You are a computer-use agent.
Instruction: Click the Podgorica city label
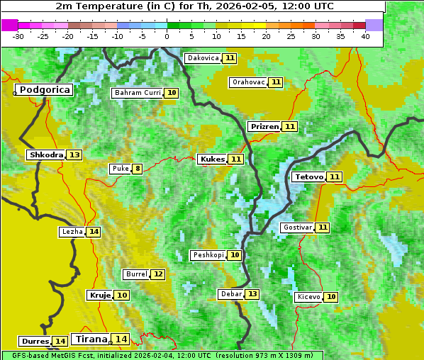[44, 90]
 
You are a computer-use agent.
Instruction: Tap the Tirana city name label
[90, 339]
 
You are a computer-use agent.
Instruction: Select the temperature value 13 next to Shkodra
[74, 155]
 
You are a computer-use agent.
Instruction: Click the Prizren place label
[264, 127]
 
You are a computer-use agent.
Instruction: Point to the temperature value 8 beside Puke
[137, 169]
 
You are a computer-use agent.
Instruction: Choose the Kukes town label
[212, 159]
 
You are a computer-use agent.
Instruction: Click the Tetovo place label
[309, 176]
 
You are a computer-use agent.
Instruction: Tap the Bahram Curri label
[138, 93]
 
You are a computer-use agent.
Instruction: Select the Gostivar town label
[296, 227]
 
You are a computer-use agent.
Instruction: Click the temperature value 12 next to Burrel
[157, 274]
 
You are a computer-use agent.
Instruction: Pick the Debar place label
[231, 294]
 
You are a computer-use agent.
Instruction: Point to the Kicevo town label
[308, 297]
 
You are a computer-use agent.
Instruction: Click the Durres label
[35, 342]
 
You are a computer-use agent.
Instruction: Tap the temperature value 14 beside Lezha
[94, 232]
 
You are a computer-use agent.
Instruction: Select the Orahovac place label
[248, 82]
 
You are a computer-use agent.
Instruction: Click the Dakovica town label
[203, 58]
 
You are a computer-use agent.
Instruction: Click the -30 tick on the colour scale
[18, 36]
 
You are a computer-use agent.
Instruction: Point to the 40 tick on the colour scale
[365, 36]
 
